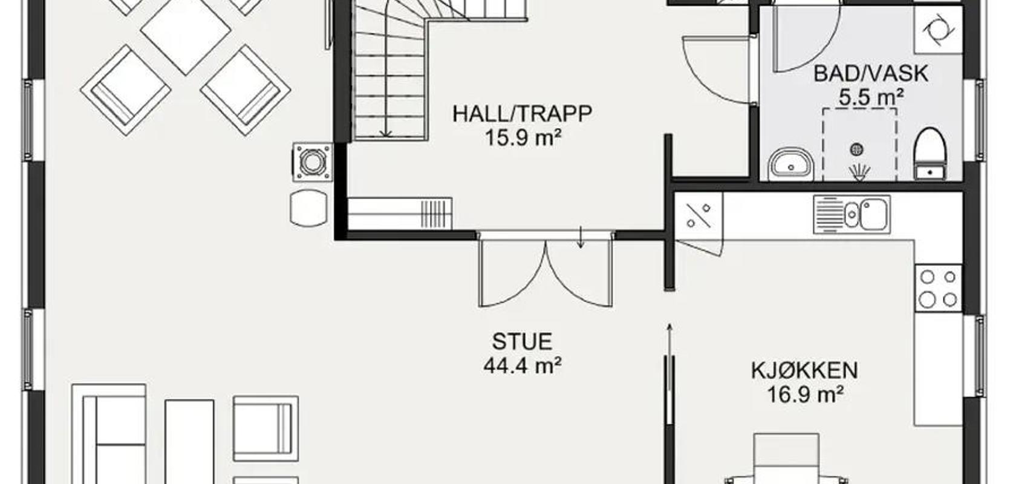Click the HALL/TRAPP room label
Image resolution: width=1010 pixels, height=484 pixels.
(x=522, y=114)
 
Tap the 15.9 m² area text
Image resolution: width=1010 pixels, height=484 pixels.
(x=523, y=137)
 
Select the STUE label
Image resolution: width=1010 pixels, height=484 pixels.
(x=522, y=341)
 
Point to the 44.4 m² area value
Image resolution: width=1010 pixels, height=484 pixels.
(x=523, y=365)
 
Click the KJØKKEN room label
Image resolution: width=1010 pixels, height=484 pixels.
(x=804, y=370)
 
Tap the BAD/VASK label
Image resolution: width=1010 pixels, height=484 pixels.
(x=871, y=74)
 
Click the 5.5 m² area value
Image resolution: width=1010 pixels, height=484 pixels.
(x=871, y=97)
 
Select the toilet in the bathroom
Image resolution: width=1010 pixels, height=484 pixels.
(x=930, y=154)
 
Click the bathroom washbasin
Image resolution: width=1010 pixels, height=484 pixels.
(x=791, y=164)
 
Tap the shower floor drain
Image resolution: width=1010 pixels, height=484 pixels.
(x=856, y=149)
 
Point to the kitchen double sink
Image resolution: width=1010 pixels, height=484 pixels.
(x=852, y=214)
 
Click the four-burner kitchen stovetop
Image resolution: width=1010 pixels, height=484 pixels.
(x=938, y=288)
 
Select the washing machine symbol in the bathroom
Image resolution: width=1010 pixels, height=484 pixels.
(x=938, y=30)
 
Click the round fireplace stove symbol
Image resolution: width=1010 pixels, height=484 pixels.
(x=313, y=162)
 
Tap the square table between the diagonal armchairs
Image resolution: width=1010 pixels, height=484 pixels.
(x=185, y=30)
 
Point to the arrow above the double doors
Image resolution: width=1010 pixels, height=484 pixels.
(x=581, y=237)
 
